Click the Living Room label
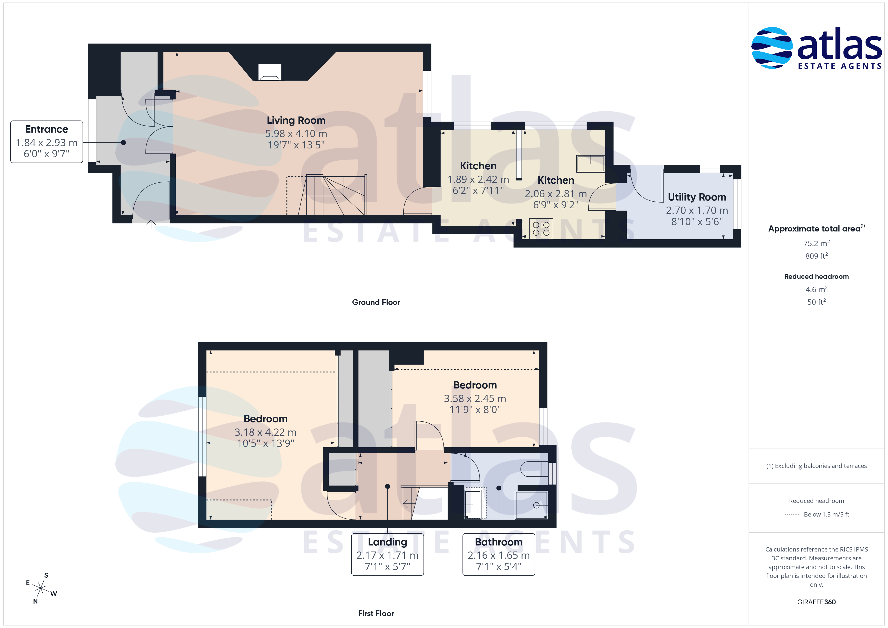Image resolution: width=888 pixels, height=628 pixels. pyautogui.click(x=296, y=121)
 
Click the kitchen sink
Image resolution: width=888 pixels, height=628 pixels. pyautogui.click(x=590, y=164)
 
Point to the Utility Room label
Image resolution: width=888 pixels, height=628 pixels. pyautogui.click(x=697, y=197)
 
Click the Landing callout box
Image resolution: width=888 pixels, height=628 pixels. pyautogui.click(x=388, y=554)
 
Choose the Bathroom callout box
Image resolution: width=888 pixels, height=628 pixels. pyautogui.click(x=499, y=554)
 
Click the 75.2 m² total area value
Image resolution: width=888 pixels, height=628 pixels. pyautogui.click(x=817, y=243)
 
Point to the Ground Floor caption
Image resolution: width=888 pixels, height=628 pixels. pyautogui.click(x=376, y=302)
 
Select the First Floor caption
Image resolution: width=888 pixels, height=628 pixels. pyautogui.click(x=376, y=613)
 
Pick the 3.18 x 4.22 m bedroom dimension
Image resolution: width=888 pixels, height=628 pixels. pyautogui.click(x=265, y=432)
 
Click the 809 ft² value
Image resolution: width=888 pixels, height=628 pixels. pyautogui.click(x=817, y=256)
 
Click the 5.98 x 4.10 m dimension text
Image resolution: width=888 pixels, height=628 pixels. pyautogui.click(x=296, y=134)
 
